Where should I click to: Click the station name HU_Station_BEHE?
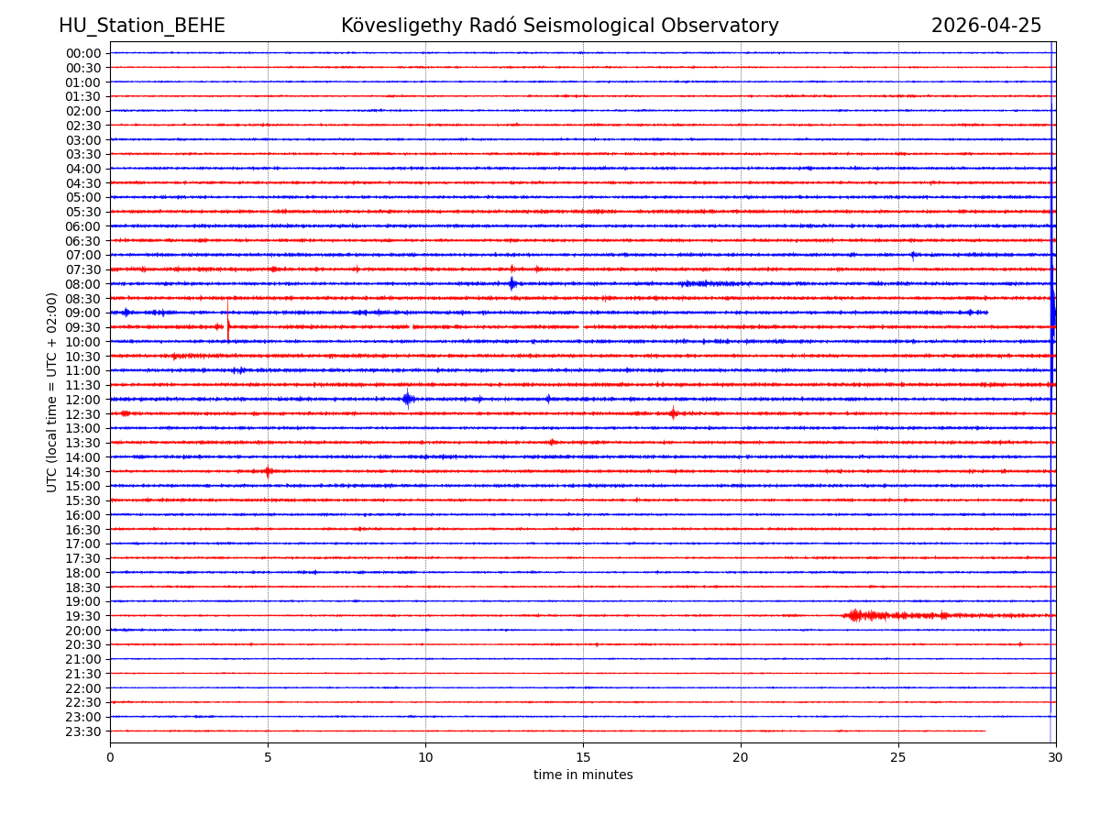click(141, 27)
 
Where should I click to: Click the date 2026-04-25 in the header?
click(986, 27)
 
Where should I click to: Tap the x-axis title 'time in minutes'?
click(583, 775)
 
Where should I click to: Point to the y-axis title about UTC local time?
click(52, 392)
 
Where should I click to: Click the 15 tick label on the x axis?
click(583, 757)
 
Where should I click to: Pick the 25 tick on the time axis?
click(898, 757)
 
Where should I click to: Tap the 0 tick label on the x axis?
click(110, 757)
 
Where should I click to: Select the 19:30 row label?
click(83, 616)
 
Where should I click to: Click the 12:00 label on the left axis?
click(83, 400)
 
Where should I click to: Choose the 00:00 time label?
click(83, 53)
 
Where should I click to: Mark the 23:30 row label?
click(83, 731)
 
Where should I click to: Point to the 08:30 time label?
click(83, 299)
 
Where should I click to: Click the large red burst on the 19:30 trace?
click(856, 615)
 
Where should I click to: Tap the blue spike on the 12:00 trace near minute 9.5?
click(408, 399)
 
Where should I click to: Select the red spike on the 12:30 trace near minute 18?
click(673, 413)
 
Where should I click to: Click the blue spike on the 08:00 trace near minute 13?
click(512, 283)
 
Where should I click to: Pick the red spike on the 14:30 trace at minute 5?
click(268, 471)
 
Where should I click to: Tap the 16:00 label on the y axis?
click(83, 515)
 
